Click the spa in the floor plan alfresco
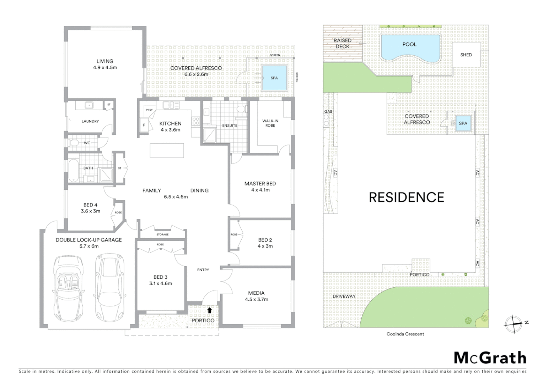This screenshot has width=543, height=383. coord(274,78)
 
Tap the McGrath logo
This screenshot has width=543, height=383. coord(490,358)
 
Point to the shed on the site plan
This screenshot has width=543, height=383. coord(466,55)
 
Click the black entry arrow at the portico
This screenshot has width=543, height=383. coord(209,310)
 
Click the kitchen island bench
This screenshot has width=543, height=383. coord(167,150)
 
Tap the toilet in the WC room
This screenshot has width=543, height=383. coord(74,143)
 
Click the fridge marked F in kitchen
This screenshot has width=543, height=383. coord(144,125)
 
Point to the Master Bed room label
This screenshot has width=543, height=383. coord(260,183)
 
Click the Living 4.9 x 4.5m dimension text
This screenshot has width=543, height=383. coord(105,67)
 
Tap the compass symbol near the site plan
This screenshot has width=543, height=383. coord(513,323)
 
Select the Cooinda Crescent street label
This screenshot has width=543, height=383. coord(405,334)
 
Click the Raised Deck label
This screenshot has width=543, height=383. coord(342,43)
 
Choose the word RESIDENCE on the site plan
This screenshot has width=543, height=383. coord(407,198)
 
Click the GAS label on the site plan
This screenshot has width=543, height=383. coord(328,111)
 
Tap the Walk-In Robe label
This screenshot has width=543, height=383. coord(270,123)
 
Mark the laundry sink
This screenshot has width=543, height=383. coord(88,105)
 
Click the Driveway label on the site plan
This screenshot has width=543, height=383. coord(344,296)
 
